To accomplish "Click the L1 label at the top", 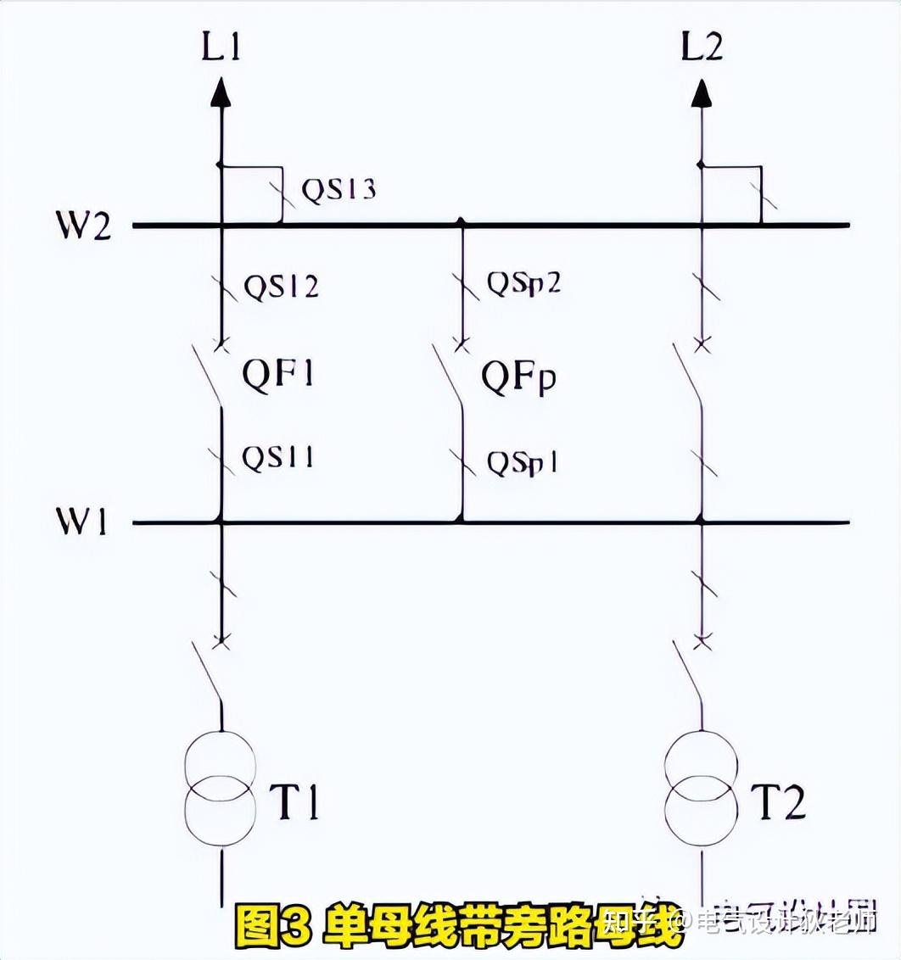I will coord(221,47).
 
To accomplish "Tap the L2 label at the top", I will coord(702,47).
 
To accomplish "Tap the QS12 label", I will coord(282,287).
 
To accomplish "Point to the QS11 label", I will coord(278,458).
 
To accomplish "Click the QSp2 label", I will coord(523,283).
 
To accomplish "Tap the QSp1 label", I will coord(521,463).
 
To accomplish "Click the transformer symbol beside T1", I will coord(221,789).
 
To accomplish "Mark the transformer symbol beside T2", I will coord(702,789).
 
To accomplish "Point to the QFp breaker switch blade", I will coord(449,377).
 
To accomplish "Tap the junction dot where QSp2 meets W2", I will coord(462,223).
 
